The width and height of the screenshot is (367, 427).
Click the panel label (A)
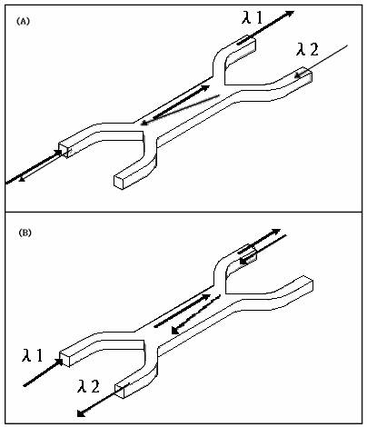[x=23, y=22]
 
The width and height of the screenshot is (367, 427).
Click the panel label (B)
[x=25, y=233]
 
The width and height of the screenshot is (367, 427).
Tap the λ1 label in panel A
[x=253, y=18]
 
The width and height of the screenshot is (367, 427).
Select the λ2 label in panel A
[x=307, y=49]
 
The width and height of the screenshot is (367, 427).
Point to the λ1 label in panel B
[x=33, y=355]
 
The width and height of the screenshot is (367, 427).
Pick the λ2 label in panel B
[x=88, y=386]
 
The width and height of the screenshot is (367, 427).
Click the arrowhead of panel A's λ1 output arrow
[x=290, y=14]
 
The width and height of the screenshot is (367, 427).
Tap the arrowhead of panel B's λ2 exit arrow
[x=81, y=413]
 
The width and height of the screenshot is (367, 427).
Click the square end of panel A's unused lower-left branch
[x=119, y=182]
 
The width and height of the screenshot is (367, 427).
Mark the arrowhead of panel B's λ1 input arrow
[x=59, y=362]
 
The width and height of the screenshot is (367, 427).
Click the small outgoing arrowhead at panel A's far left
[x=22, y=180]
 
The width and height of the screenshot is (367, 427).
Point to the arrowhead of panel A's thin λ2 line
[x=298, y=75]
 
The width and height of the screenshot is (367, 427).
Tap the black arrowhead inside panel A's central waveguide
[x=205, y=88]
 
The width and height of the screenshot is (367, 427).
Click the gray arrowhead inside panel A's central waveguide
[x=144, y=123]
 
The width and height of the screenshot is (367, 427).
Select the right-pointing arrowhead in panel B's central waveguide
[x=206, y=296]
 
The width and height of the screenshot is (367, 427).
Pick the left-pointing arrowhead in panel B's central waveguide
[x=174, y=331]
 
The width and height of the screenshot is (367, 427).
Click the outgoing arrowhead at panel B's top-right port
[x=276, y=232]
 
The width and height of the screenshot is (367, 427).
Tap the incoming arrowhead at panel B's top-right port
[x=243, y=261]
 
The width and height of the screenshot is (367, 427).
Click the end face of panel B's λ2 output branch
[x=119, y=391]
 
